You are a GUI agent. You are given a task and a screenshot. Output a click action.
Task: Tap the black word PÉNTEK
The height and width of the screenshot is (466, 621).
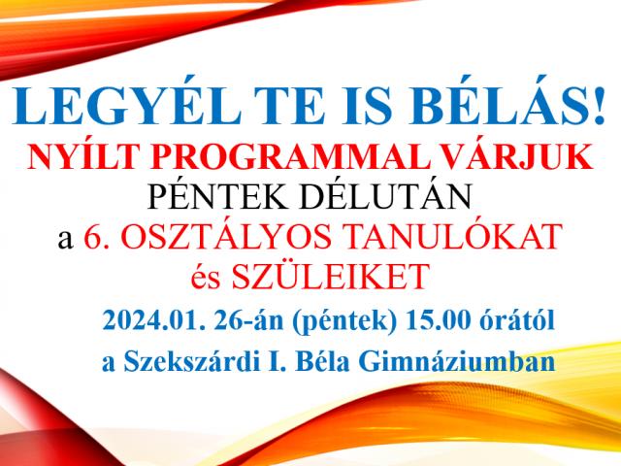point(217,196)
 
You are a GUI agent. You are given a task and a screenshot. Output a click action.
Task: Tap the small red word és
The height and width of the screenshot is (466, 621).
point(205,279)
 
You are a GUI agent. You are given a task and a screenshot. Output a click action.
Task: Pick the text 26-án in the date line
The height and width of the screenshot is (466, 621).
point(248,321)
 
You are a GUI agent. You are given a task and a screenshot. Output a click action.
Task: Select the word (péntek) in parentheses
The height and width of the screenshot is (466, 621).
point(344,322)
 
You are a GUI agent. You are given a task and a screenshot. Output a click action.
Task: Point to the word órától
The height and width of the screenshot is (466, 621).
point(517,321)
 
